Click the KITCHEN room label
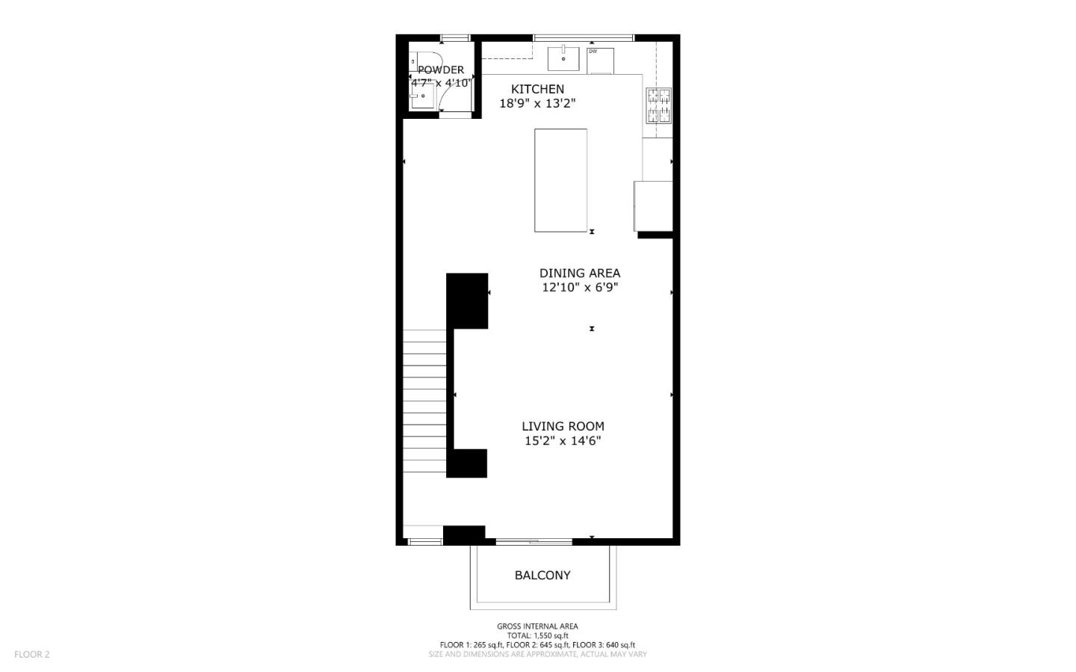click(537, 89)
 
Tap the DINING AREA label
click(579, 273)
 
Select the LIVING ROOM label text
click(563, 426)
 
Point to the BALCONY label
click(542, 575)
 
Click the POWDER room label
click(441, 70)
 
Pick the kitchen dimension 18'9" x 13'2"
click(537, 104)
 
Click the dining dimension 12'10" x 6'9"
click(579, 287)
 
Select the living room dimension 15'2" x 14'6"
click(563, 441)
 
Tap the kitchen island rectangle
click(560, 180)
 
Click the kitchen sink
click(563, 58)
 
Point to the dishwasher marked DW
click(600, 61)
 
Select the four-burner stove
click(658, 105)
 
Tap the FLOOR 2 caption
click(32, 654)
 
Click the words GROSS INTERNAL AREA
click(537, 626)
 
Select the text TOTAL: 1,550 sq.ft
click(537, 635)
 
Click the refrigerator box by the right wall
click(653, 206)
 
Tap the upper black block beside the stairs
click(467, 300)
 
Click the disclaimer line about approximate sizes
click(537, 654)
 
